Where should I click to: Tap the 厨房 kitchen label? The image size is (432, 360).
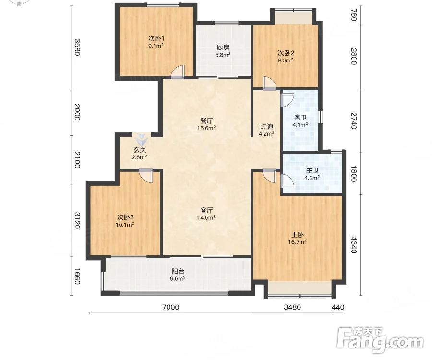(x=223, y=48)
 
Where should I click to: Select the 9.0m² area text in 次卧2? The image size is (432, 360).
(x=285, y=60)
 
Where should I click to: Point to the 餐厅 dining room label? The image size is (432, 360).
(x=206, y=120)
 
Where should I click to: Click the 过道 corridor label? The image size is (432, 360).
(x=267, y=126)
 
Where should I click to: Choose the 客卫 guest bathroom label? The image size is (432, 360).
(x=300, y=118)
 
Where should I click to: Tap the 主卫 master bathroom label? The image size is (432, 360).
(x=312, y=171)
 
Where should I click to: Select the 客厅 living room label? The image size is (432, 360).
(x=206, y=210)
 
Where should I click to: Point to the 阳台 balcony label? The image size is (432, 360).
(x=178, y=272)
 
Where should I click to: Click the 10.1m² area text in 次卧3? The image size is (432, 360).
(x=125, y=225)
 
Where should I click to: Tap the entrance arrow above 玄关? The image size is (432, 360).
(x=142, y=139)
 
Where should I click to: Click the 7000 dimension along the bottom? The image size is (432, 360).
(x=171, y=307)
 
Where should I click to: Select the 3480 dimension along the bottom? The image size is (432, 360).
(x=292, y=307)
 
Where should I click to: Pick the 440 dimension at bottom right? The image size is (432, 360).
(x=338, y=307)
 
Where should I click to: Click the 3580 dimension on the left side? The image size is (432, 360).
(x=77, y=48)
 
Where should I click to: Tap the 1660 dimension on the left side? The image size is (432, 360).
(x=77, y=276)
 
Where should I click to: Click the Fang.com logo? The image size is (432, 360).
(x=381, y=340)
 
